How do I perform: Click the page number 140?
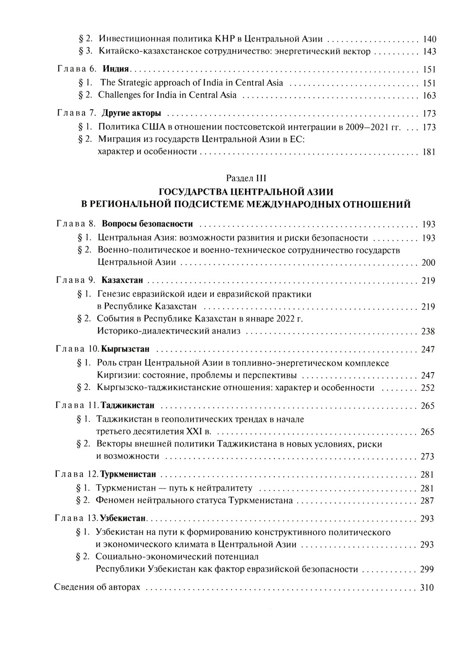[429, 39]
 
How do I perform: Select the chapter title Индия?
[115, 70]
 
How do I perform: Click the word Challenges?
[120, 95]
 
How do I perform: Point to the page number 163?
[429, 96]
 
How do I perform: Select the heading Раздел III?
[246, 178]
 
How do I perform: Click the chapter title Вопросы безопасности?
[147, 224]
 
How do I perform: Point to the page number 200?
[428, 263]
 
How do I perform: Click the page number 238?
[428, 332]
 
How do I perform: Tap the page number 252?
[428, 388]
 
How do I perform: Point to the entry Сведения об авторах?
[97, 587]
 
